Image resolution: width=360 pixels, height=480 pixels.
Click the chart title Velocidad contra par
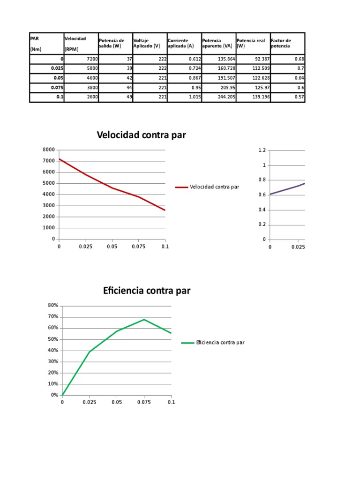click(141, 135)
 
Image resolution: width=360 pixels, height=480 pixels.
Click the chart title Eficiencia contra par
click(147, 291)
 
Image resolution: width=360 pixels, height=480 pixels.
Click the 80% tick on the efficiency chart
click(53, 306)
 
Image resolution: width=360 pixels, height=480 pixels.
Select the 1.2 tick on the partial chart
click(262, 150)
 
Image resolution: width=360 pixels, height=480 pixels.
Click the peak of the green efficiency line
click(144, 320)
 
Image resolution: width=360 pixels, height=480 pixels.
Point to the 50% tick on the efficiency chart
click(53, 339)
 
